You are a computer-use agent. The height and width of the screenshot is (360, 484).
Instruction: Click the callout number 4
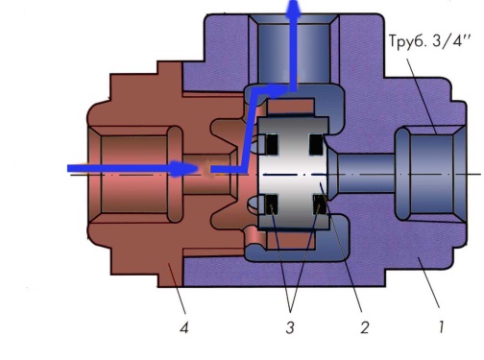point(184,327)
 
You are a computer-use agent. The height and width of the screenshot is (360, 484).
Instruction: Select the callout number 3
point(290,327)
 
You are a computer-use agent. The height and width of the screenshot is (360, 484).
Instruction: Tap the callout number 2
point(365,327)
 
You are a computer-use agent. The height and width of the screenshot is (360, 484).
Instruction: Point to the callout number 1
point(442,327)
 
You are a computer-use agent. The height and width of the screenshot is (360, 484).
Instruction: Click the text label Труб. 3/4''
point(430,41)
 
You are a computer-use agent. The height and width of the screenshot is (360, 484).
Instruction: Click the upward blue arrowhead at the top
point(294,9)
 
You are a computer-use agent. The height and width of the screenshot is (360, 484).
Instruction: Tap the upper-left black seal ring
point(272,144)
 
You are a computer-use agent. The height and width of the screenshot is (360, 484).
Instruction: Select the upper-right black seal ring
point(316,144)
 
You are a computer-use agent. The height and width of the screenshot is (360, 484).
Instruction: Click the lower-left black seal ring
point(272,204)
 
